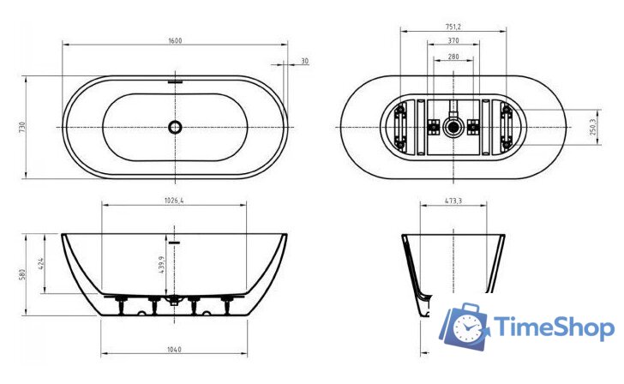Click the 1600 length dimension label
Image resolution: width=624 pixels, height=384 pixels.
[x=176, y=41]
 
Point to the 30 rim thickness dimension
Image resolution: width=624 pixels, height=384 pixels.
[x=304, y=62]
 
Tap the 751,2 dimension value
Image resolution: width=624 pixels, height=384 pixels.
[x=453, y=26]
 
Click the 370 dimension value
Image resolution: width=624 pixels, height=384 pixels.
[x=453, y=41]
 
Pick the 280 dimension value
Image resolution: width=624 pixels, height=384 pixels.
[x=453, y=57]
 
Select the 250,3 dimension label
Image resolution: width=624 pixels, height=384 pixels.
[x=593, y=127]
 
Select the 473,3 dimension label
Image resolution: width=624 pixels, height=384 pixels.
[x=453, y=201]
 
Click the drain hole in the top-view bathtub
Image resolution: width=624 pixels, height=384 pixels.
[x=176, y=127]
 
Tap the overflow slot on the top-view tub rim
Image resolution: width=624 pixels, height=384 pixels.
[x=176, y=82]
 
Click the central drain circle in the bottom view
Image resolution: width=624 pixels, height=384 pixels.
[x=453, y=128]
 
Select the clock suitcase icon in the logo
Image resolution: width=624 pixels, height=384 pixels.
[x=467, y=324]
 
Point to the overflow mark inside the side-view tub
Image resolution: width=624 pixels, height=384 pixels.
[x=176, y=243]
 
